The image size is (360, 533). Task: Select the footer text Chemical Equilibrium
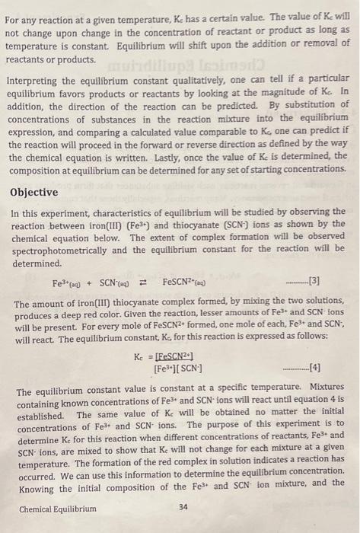(58, 509)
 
